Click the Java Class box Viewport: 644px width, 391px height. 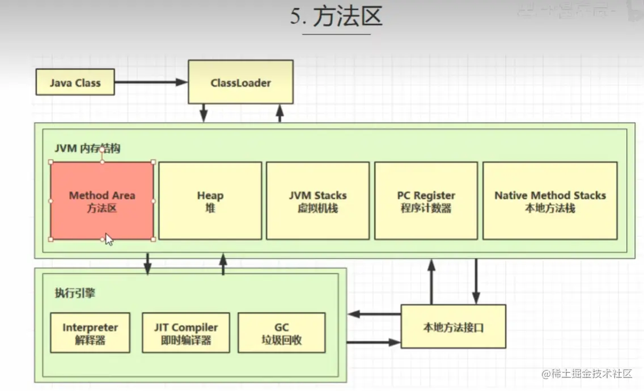pyautogui.click(x=75, y=83)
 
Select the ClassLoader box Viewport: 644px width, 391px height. pyautogui.click(x=240, y=83)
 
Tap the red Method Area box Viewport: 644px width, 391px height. pyautogui.click(x=102, y=201)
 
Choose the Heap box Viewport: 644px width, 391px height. pyautogui.click(x=210, y=201)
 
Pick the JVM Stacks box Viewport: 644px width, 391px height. pyautogui.click(x=317, y=201)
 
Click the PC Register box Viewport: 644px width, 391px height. pyautogui.click(x=426, y=201)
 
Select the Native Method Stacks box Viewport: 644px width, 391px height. pyautogui.click(x=549, y=201)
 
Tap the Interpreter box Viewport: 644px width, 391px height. pyautogui.click(x=90, y=333)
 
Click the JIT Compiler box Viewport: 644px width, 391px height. pyautogui.click(x=185, y=333)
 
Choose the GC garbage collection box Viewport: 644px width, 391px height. pyautogui.click(x=281, y=333)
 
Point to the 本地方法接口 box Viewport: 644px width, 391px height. pyautogui.click(x=453, y=327)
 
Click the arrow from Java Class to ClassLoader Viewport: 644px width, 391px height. pyautogui.click(x=151, y=83)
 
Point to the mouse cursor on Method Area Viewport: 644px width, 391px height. pyautogui.click(x=109, y=239)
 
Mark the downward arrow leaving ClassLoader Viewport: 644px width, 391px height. pyautogui.click(x=204, y=113)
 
